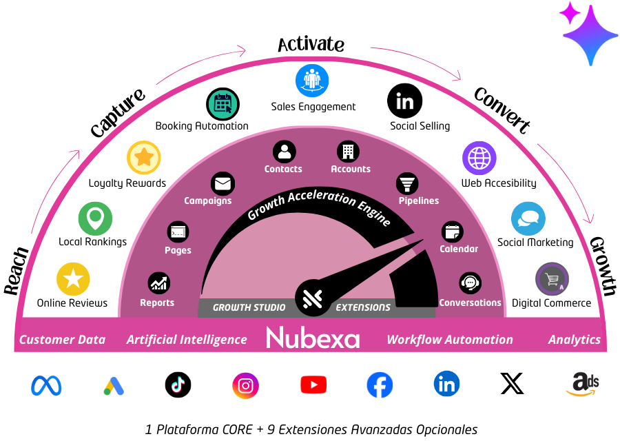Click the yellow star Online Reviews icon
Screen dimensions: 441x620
[x=73, y=279]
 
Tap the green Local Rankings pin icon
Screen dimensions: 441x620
[x=95, y=219]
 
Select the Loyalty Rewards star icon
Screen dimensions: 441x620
[x=144, y=158]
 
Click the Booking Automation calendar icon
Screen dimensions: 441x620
[x=223, y=105]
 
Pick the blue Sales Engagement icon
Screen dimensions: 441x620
[x=313, y=81]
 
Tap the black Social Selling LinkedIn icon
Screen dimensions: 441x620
[x=404, y=102]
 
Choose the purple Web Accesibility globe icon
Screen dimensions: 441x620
[x=479, y=158]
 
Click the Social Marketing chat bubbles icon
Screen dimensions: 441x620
[x=528, y=219]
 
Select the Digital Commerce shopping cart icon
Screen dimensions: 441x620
[x=552, y=280]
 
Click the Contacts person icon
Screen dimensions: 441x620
[x=284, y=152]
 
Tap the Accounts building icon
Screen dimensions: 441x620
[x=349, y=152]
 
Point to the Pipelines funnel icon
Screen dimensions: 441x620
[x=407, y=184]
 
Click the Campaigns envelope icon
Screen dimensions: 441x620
[x=223, y=184]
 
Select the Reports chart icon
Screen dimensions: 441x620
[x=159, y=283]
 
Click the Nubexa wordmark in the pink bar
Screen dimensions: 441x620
[x=313, y=338]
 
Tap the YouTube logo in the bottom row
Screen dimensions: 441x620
[x=313, y=384]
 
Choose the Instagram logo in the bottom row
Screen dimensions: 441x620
[x=245, y=385]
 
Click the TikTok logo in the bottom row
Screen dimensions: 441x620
[x=178, y=384]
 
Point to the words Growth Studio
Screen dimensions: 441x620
[x=249, y=307]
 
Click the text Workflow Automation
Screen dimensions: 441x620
[x=449, y=340]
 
